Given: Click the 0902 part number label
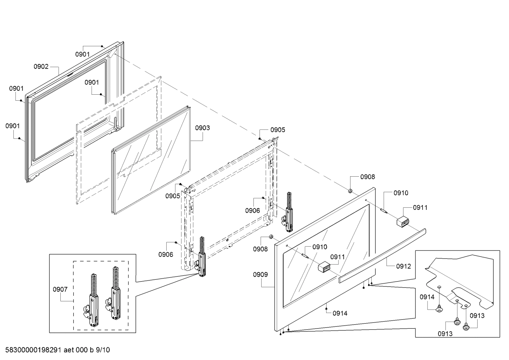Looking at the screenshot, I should (x=41, y=67).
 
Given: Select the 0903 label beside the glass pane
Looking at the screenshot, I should (x=202, y=128).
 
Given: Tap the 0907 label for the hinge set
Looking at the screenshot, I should (x=60, y=289).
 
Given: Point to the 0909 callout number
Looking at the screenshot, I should (x=260, y=275).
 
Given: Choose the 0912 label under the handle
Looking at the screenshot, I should (x=403, y=266).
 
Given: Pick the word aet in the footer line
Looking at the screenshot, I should (x=69, y=350).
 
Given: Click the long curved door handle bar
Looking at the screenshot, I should (x=381, y=254).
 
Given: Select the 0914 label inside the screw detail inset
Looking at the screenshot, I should (x=427, y=297).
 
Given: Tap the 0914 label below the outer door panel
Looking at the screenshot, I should (x=340, y=313).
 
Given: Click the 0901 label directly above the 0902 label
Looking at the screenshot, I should (x=82, y=54).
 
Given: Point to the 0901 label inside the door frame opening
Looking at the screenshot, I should (x=92, y=82).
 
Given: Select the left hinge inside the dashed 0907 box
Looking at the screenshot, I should (x=92, y=300).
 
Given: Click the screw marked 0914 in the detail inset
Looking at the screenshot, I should (x=439, y=309).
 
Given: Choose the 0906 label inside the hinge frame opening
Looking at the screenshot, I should (x=253, y=211).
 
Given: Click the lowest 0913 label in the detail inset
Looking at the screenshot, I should (x=445, y=334).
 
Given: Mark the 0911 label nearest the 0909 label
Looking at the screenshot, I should (x=337, y=257).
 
